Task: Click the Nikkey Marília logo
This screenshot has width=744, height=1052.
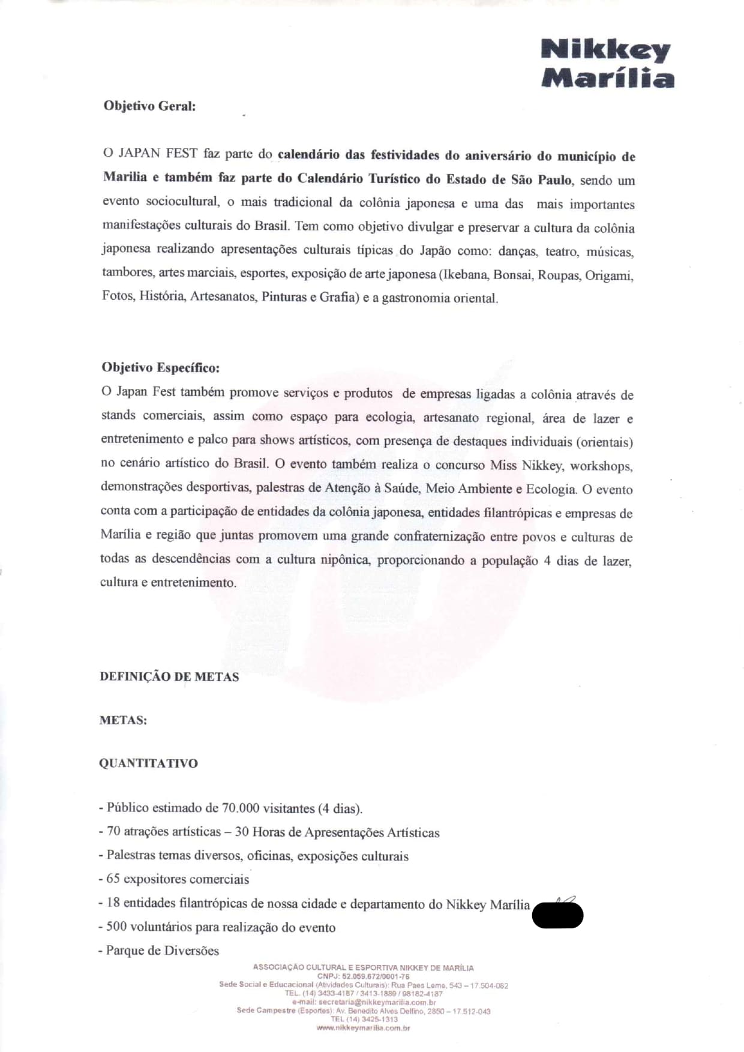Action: coord(607,64)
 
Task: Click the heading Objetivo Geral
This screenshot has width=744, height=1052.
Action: coord(149,106)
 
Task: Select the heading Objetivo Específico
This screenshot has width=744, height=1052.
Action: coord(160,367)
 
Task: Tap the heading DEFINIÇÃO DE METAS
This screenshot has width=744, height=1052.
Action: coord(169,677)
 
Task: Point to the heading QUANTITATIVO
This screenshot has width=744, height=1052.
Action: coord(148,763)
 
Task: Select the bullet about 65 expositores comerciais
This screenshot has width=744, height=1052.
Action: coord(174,879)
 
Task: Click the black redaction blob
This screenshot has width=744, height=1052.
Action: coord(557,915)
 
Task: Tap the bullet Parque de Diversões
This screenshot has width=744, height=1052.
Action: coord(159,951)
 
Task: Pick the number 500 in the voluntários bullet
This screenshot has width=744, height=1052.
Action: coord(116,927)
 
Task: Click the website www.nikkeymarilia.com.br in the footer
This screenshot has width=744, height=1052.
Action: coord(363,1028)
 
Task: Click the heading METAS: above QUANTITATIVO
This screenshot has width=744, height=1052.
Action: coord(123,720)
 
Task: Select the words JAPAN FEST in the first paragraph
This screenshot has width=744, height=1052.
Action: coord(158,154)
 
